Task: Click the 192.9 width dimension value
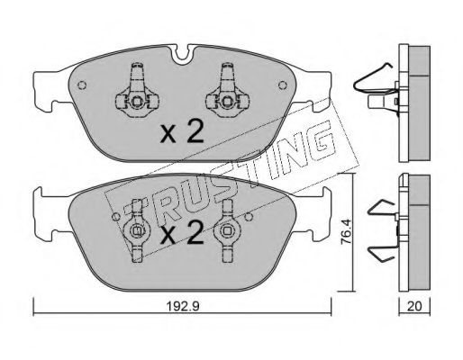[183, 307]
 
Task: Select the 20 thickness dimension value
[414, 306]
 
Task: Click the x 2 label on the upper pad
[182, 131]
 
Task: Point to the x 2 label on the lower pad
[182, 232]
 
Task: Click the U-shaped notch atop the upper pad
[185, 54]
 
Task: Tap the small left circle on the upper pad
[82, 85]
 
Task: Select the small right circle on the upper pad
[282, 85]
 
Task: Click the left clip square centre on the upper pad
[137, 102]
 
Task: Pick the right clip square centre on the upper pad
[227, 102]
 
